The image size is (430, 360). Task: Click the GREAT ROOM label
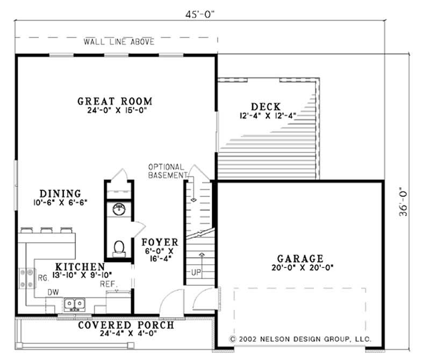pos(114,101)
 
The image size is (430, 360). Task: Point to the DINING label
pos(60,194)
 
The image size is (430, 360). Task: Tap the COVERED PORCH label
pos(126,325)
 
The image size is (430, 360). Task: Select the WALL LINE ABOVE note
pos(119,41)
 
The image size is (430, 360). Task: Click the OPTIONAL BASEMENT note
pos(166,171)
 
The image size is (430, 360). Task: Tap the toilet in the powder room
pos(119,248)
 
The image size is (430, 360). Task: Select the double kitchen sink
pos(74,305)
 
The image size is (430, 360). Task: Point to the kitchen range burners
pos(26,278)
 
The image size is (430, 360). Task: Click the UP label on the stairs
pos(196,272)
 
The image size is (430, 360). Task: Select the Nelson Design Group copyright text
pos(300,339)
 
